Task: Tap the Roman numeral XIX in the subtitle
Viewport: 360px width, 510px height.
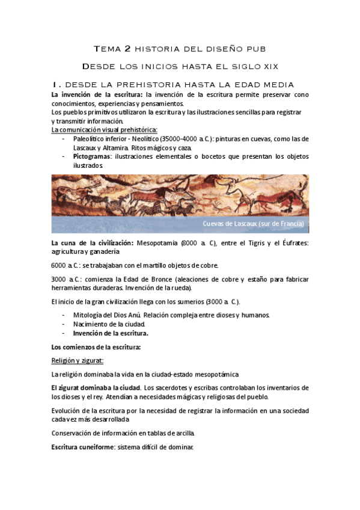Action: pyautogui.click(x=267, y=66)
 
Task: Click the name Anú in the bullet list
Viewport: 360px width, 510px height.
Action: pyautogui.click(x=133, y=315)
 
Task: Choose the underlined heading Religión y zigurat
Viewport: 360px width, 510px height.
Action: pyautogui.click(x=78, y=361)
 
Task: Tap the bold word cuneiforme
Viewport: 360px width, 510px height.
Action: pyautogui.click(x=95, y=447)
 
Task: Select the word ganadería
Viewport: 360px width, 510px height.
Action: pyautogui.click(x=126, y=251)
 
